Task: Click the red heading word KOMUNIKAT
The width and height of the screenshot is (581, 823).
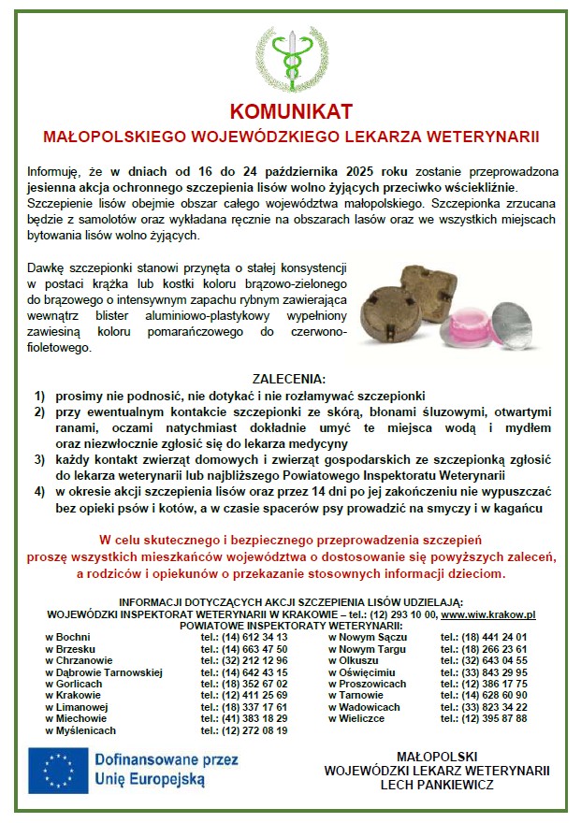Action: point(291,111)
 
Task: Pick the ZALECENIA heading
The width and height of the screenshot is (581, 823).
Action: point(290,380)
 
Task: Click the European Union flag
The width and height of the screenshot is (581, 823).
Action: point(59,768)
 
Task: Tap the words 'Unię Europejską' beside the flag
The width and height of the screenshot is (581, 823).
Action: point(150,778)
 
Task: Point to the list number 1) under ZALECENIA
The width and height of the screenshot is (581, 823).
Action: point(39,395)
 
